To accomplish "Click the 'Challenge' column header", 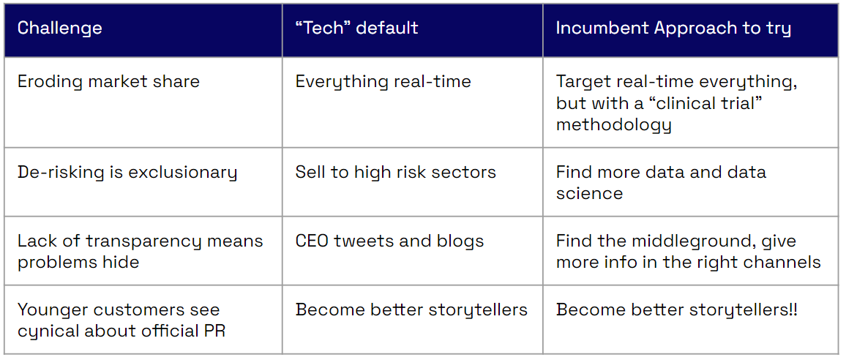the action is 59,28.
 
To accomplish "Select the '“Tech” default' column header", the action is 356,28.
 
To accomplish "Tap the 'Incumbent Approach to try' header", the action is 673,29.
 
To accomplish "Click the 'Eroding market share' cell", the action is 108,81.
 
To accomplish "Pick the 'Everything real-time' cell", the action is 383,81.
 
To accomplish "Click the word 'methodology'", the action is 614,125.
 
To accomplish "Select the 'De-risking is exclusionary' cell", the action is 127,173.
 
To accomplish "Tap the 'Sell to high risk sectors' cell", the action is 395,173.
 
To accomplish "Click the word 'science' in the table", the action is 589,193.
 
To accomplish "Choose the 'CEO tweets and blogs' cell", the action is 389,241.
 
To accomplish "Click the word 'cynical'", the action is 45,331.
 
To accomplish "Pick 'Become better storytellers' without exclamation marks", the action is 411,310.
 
